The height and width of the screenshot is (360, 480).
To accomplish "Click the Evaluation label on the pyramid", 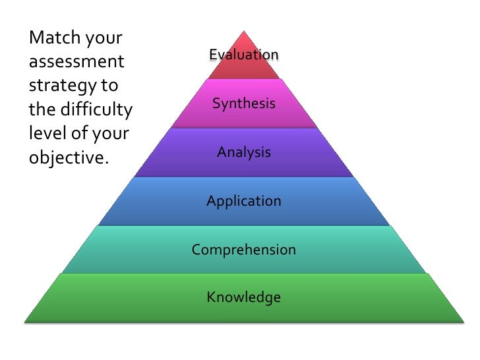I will [x=244, y=54].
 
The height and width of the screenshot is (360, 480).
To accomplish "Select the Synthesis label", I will [x=244, y=104].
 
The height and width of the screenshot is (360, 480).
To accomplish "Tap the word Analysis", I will [x=244, y=152].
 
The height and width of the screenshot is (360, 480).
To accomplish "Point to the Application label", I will [x=244, y=201].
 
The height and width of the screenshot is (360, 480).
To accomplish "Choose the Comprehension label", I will [x=244, y=250].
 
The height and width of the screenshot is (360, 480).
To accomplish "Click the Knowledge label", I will [x=244, y=297].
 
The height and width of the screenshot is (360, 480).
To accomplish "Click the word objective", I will [x=67, y=158].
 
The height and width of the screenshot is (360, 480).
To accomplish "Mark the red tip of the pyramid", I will [x=244, y=40].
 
